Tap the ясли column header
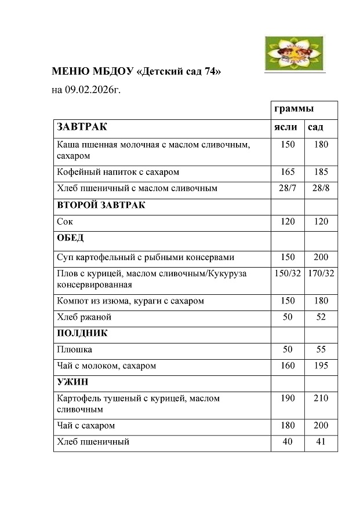286,127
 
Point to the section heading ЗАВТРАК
82,127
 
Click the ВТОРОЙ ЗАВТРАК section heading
101,205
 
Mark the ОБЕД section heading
70,237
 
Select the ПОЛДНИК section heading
82,333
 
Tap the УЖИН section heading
71,382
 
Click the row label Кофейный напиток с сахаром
118,172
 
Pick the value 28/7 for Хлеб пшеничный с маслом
288,188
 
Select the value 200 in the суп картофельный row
321,257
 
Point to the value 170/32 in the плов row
321,273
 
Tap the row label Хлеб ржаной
84,317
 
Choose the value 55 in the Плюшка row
321,349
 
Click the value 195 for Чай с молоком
321,366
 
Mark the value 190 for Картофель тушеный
288,399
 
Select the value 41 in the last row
321,442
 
